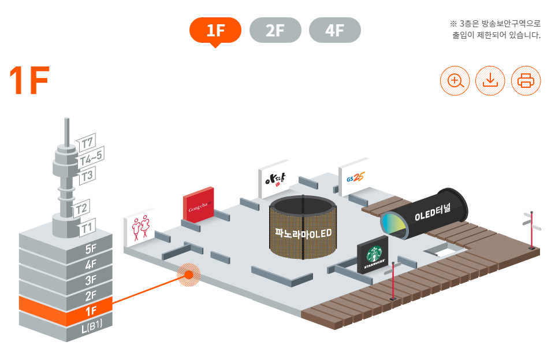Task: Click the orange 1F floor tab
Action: [x=215, y=31]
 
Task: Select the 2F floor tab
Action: [x=275, y=31]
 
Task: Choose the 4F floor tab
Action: [x=335, y=31]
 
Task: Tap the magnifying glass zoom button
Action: [x=455, y=81]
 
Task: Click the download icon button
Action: [x=490, y=81]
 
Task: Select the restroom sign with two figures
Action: [x=139, y=228]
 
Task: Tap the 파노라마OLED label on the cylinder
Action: [x=303, y=233]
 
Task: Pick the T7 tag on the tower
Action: [x=87, y=142]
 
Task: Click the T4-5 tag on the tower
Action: [x=91, y=157]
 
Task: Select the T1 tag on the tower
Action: [x=87, y=227]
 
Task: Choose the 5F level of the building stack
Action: [x=91, y=250]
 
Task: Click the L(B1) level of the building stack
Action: [x=91, y=326]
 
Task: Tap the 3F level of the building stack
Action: [x=91, y=281]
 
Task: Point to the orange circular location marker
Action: [x=188, y=274]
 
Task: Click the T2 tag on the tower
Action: [x=82, y=209]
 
